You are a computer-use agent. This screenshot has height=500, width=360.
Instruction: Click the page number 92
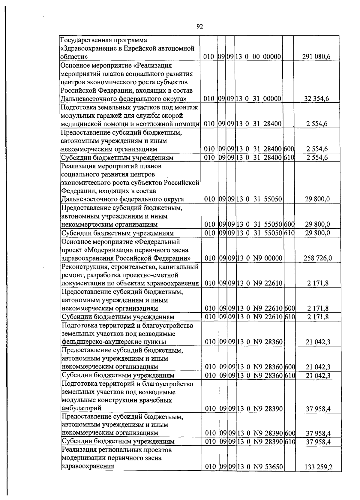pos(200,27)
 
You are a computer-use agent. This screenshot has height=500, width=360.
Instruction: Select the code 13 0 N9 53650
pos(260,475)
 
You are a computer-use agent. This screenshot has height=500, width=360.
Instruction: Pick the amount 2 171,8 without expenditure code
pos(318,283)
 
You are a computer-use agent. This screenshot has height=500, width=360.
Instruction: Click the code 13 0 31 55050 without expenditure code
pos(259,199)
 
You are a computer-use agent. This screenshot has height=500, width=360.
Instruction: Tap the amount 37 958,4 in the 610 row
pos(318,442)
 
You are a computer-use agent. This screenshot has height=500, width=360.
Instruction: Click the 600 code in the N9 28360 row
pos(290,367)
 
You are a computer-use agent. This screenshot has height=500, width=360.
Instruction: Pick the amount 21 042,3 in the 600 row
pos(318,367)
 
